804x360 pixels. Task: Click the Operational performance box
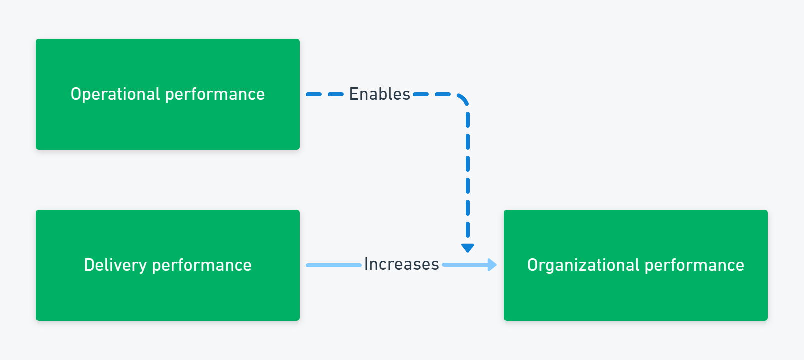coord(168,94)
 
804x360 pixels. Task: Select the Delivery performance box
coord(168,265)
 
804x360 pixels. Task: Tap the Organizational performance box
coord(636,265)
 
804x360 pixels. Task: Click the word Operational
coord(115,95)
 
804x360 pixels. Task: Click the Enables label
coord(379,94)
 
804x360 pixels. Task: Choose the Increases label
coord(401,264)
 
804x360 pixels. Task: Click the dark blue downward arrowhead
coord(468,248)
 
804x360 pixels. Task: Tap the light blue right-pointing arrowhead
coord(492,265)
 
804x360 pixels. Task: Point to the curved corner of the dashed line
coord(463,99)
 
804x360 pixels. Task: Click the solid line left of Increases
coord(334,265)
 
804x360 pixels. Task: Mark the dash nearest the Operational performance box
coord(314,95)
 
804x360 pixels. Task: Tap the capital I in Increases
coord(366,264)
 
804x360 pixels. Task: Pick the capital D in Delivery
coord(89,265)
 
